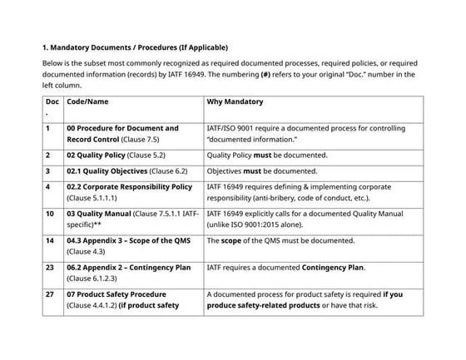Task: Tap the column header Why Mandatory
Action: click(x=235, y=102)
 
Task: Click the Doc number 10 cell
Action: click(x=50, y=214)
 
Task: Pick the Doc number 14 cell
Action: click(x=50, y=240)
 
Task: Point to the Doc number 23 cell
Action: click(x=50, y=268)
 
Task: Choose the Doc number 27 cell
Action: click(x=50, y=294)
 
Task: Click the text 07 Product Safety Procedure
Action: click(x=116, y=294)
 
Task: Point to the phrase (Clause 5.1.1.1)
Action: click(x=93, y=198)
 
